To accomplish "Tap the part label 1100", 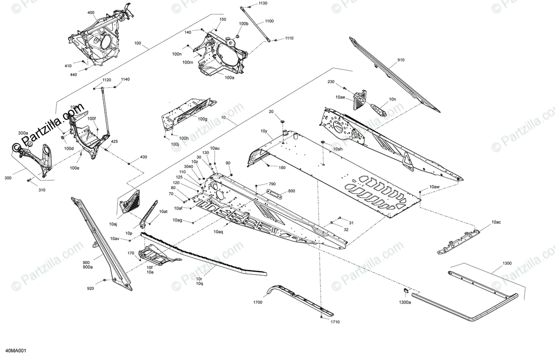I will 269,21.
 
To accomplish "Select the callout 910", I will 400,60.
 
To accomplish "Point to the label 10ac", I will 496,223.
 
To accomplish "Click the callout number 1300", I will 507,263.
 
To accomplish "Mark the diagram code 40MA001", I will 16,351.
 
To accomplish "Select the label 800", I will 291,191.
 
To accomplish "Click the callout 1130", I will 263,3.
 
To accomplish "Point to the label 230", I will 331,82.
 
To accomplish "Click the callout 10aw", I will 434,186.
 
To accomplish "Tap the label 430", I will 143,157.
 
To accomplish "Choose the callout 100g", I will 203,119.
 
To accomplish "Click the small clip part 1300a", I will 404,291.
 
